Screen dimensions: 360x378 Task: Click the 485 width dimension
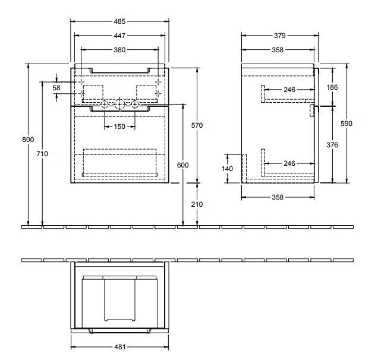(120, 20)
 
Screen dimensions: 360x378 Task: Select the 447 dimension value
(120, 35)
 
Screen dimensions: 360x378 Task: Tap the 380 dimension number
(120, 50)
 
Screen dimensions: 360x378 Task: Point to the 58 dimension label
(57, 88)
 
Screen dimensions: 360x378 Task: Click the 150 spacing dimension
(120, 127)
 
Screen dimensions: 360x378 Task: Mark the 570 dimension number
(197, 125)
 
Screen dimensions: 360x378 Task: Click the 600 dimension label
(183, 165)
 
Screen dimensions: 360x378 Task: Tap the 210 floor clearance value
(197, 204)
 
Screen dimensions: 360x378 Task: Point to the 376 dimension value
(332, 144)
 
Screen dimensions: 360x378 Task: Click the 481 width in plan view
(120, 348)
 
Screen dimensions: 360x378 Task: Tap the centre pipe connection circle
(120, 105)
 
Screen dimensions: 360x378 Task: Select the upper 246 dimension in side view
(289, 90)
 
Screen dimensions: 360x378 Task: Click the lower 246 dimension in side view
(289, 163)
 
